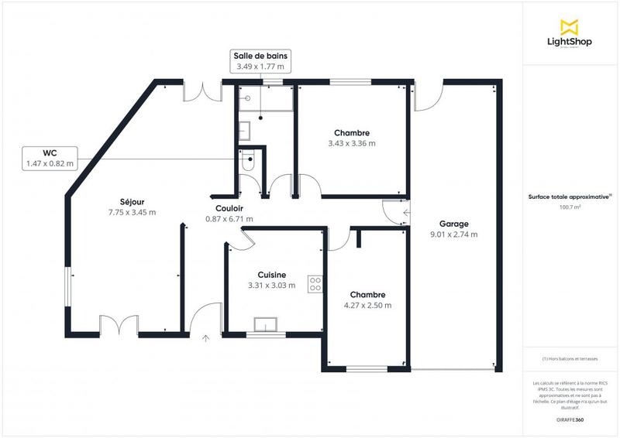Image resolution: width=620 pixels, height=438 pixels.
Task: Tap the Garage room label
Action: pyautogui.click(x=453, y=224)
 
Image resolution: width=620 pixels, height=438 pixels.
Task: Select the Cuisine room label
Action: pyautogui.click(x=271, y=275)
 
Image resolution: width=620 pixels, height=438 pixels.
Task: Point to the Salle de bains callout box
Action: pyautogui.click(x=260, y=61)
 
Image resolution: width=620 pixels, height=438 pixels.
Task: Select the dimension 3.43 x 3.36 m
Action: pyautogui.click(x=351, y=143)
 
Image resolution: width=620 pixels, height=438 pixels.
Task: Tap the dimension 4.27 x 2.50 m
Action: pyautogui.click(x=367, y=305)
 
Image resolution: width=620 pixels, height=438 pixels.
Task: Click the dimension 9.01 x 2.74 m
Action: pyautogui.click(x=453, y=234)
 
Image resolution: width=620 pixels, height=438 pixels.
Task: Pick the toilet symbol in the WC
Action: pyautogui.click(x=247, y=162)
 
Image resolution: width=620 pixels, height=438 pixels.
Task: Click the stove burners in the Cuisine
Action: pyautogui.click(x=315, y=284)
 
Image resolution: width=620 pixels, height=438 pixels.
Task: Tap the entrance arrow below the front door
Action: pyautogui.click(x=206, y=337)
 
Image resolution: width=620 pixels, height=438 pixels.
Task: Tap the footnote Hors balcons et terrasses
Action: pyautogui.click(x=570, y=359)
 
